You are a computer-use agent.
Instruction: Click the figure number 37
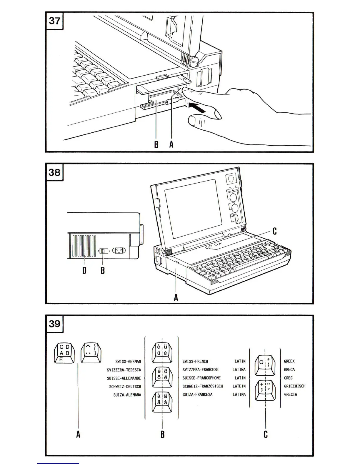click(54, 21)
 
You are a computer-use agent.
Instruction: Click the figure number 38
click(54, 172)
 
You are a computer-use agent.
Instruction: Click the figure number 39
click(54, 324)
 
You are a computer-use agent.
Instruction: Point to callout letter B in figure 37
click(156, 144)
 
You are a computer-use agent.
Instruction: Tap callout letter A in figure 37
click(171, 144)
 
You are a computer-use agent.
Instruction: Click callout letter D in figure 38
click(84, 270)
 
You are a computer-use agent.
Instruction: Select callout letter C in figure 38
click(274, 231)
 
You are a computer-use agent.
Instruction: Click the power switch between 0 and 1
click(103, 251)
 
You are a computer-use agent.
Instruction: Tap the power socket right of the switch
click(119, 251)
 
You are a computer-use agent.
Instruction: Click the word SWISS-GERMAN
click(128, 362)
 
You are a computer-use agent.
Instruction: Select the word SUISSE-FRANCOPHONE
click(201, 378)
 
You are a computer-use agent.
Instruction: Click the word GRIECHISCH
click(295, 386)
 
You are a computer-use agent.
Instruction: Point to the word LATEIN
click(239, 386)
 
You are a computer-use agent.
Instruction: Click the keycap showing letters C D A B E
click(64, 352)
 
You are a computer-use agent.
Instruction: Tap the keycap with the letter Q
click(265, 365)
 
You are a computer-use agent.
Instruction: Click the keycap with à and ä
click(162, 402)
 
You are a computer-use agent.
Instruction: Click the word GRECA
click(289, 370)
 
